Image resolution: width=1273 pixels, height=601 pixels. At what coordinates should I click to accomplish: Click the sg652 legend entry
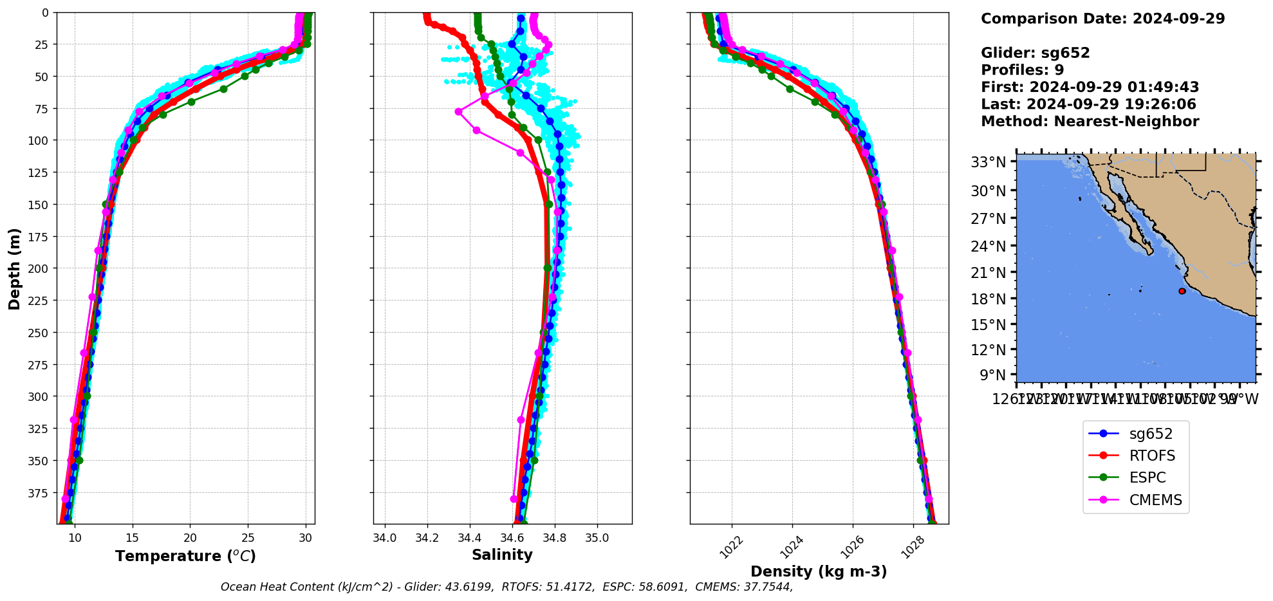coord(1151,434)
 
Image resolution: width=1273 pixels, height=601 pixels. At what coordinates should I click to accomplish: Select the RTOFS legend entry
coord(1152,456)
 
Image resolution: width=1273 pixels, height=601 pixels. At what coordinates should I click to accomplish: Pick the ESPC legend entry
coord(1148,478)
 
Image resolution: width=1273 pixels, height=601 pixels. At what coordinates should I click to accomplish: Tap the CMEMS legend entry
coord(1155,501)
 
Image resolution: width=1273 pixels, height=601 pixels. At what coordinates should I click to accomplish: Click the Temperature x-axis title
coord(185,556)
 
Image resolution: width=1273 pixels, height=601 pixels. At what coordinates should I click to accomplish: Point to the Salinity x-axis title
coord(502,555)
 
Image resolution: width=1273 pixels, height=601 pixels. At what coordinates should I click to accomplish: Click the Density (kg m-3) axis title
coord(819,571)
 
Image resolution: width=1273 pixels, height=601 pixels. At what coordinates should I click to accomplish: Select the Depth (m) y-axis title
coord(14,268)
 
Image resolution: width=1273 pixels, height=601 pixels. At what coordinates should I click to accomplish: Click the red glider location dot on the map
coord(1182,291)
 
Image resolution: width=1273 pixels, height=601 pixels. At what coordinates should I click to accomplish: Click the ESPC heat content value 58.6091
coord(661,587)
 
